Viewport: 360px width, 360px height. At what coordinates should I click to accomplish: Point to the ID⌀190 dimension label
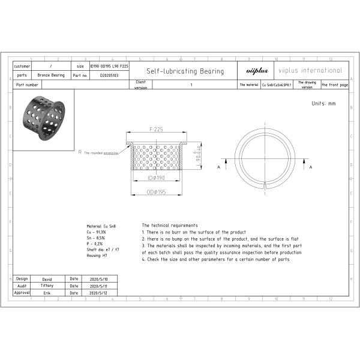[x=157, y=178]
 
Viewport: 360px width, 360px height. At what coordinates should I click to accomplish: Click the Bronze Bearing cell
[x=50, y=76]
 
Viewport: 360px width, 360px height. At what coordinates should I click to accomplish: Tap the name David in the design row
[x=47, y=279]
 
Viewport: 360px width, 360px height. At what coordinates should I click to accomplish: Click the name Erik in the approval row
[x=47, y=293]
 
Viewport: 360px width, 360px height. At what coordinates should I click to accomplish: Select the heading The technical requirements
[x=169, y=225]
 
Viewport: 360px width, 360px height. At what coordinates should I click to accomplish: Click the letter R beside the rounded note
[x=80, y=152]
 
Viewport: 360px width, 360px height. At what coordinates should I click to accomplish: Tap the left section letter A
[x=218, y=167]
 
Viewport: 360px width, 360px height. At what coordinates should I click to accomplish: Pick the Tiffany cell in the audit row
[x=47, y=286]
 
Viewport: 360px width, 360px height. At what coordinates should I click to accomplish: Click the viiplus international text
[x=310, y=71]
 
